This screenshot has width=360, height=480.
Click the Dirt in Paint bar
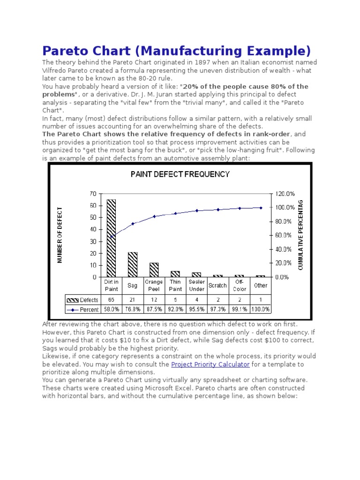coord(111,238)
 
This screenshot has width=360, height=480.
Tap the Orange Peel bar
coord(154,270)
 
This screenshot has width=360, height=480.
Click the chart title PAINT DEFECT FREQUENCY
coord(180,174)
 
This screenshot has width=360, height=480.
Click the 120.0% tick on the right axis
coord(285,194)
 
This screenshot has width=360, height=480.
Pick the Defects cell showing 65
coord(111,300)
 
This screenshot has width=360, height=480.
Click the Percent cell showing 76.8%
coord(133,309)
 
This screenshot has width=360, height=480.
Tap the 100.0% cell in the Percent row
coord(261,309)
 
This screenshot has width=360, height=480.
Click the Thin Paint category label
coord(175,285)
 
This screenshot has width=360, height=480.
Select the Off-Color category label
coord(239,285)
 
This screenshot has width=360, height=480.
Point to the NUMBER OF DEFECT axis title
coord(60,235)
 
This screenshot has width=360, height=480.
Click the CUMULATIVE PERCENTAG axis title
coord(300,235)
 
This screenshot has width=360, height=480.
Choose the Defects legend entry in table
coord(82,300)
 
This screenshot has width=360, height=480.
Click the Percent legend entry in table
coord(82,309)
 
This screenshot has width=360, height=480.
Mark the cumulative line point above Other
coord(261,208)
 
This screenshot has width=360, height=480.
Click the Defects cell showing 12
coord(154,300)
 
